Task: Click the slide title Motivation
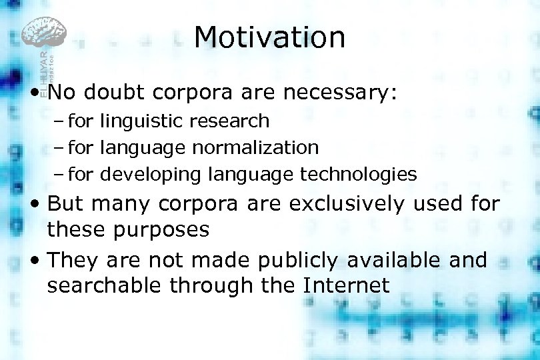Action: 269,37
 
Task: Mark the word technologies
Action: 359,175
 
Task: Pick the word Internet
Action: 345,285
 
